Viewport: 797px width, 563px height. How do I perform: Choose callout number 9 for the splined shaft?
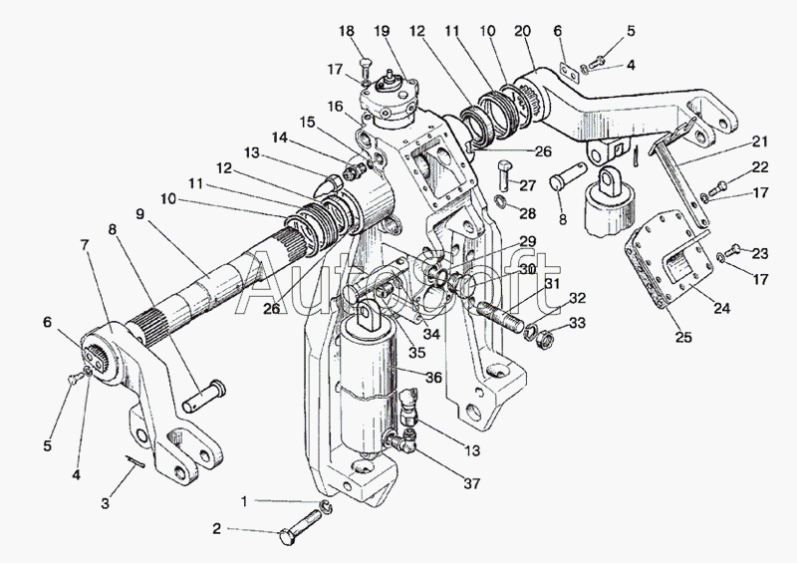[x=139, y=213]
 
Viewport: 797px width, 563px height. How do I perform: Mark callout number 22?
[x=760, y=166]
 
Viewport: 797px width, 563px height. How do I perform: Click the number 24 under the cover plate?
[x=720, y=309]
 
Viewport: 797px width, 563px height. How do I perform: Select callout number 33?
[x=577, y=323]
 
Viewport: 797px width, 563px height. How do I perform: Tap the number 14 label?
[x=281, y=138]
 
